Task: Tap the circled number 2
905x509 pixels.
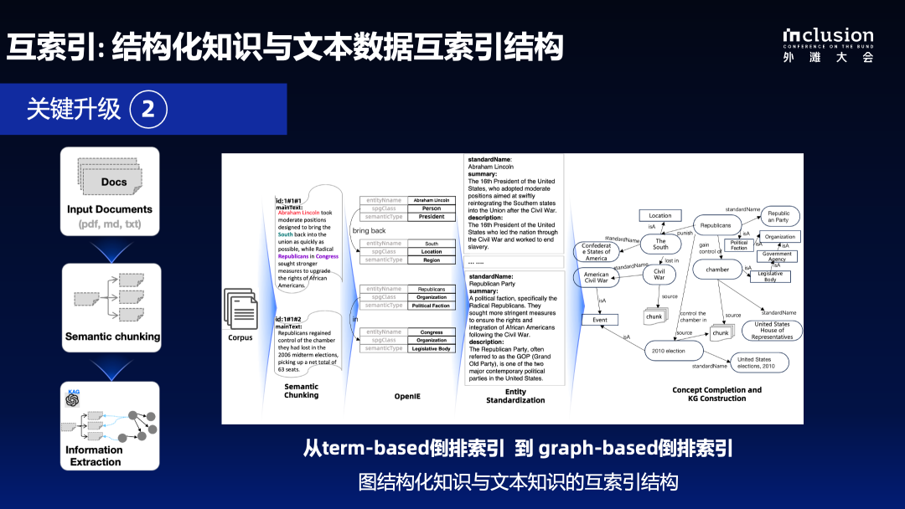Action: (x=148, y=109)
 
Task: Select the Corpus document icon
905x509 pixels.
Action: (x=240, y=308)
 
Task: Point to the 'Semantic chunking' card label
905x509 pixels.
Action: (x=113, y=337)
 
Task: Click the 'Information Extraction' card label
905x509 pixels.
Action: (x=96, y=456)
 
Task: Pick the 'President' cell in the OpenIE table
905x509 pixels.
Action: (x=432, y=217)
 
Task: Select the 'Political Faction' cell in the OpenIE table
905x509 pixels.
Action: (x=432, y=306)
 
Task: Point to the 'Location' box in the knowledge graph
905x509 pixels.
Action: (x=660, y=215)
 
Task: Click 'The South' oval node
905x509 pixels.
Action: (x=660, y=244)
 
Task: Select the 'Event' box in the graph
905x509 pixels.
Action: (x=600, y=320)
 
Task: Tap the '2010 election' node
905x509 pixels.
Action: (x=669, y=351)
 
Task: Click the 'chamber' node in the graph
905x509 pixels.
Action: (x=717, y=270)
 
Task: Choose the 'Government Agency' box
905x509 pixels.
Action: (x=776, y=256)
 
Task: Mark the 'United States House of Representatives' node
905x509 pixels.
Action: (x=772, y=330)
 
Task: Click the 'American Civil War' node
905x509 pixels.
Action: (x=597, y=277)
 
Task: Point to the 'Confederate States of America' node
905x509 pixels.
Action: (x=597, y=251)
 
